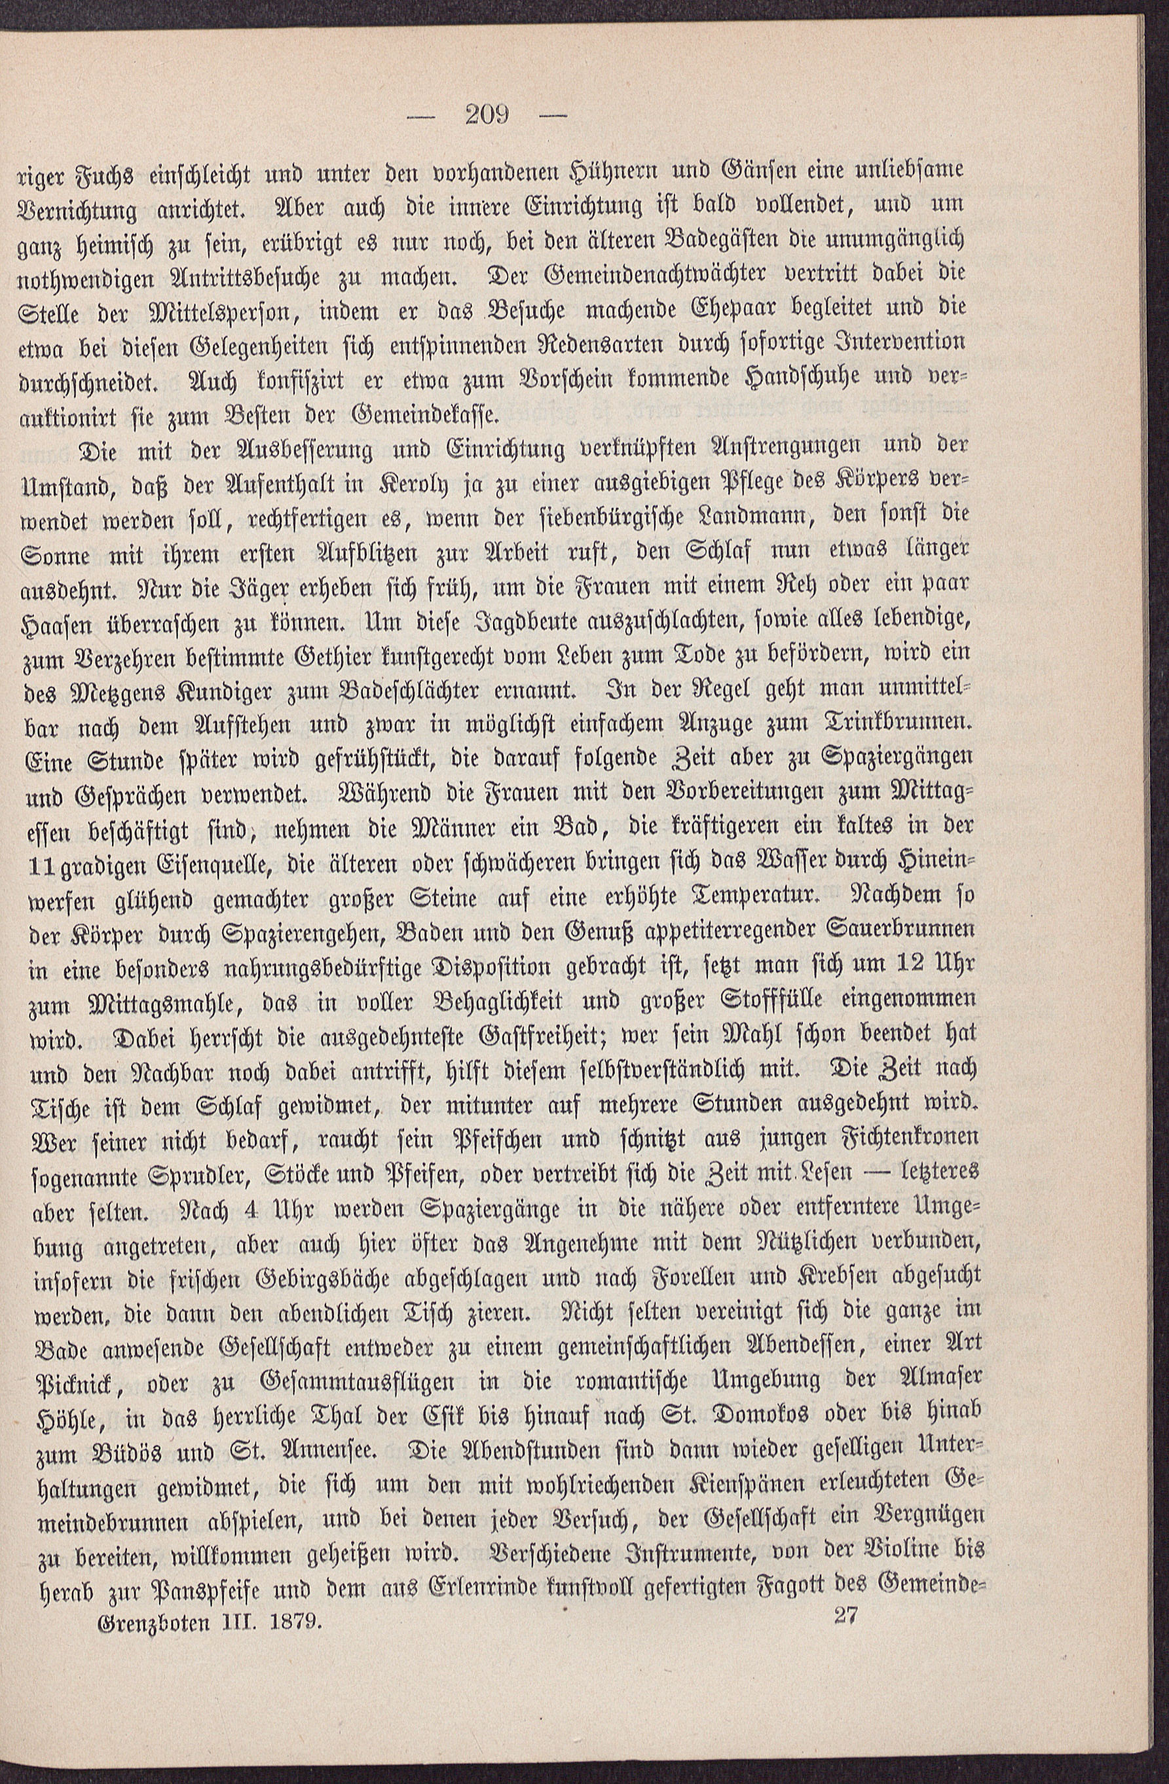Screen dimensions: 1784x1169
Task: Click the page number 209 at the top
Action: click(x=487, y=115)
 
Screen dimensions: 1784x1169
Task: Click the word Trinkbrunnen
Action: click(x=900, y=723)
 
